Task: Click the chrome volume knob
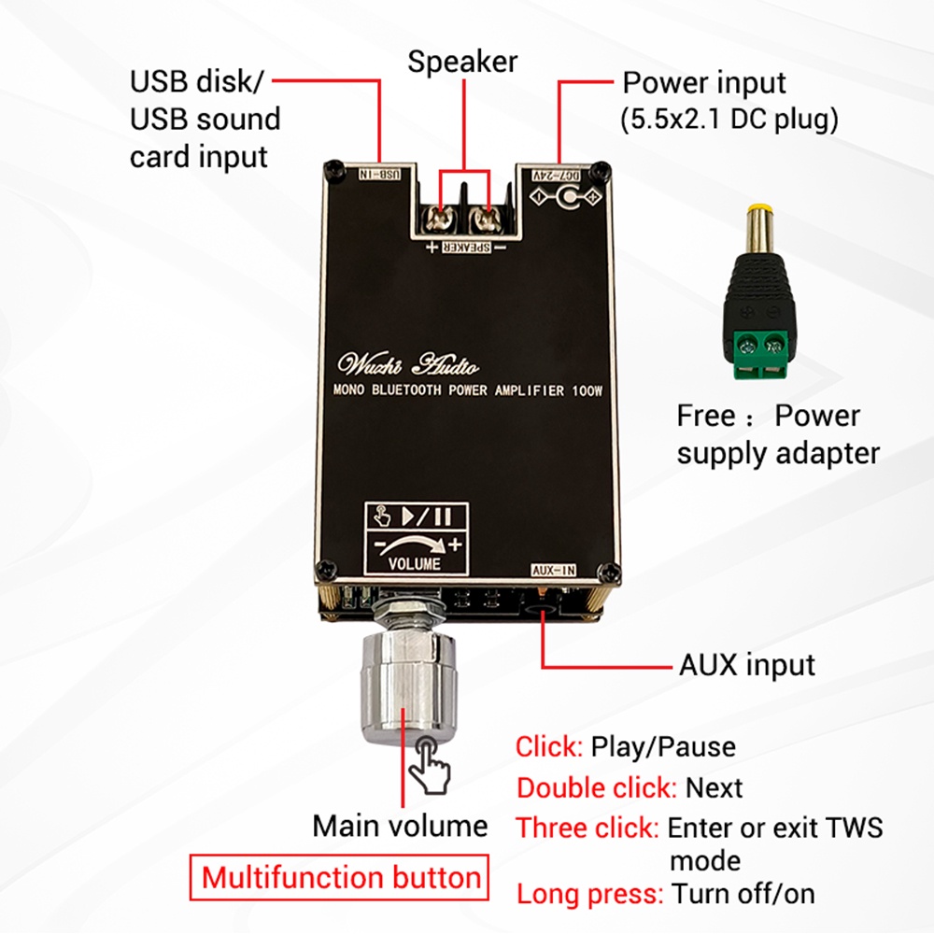click(x=408, y=688)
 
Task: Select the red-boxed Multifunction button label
click(x=340, y=877)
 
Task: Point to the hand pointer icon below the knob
click(x=429, y=764)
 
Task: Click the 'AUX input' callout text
click(x=747, y=665)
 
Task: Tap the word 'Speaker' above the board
click(x=462, y=62)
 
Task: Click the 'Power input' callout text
click(x=704, y=83)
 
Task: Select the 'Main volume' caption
click(x=401, y=826)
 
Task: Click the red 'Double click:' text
click(x=597, y=788)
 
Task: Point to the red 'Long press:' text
click(x=590, y=894)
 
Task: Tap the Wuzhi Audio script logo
click(x=408, y=364)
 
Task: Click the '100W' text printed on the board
click(x=587, y=390)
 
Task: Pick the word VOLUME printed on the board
click(x=415, y=563)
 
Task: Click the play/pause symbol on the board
click(x=427, y=516)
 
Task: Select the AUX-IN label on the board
click(x=554, y=570)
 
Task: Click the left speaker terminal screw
click(x=438, y=220)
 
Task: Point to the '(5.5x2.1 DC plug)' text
click(x=729, y=120)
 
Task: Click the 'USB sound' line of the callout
click(x=205, y=120)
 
